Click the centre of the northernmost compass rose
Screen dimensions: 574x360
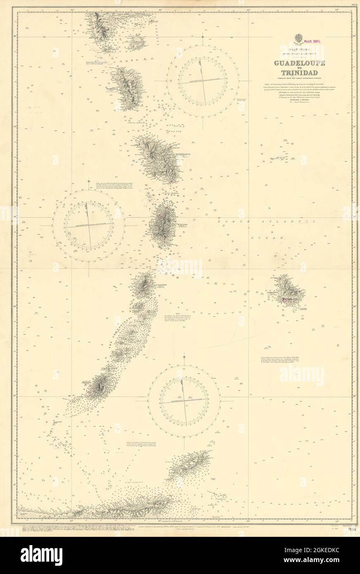pyautogui.click(x=203, y=79)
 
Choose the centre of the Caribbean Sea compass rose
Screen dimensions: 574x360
pyautogui.click(x=89, y=225)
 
